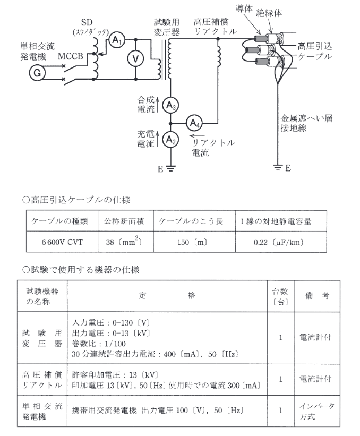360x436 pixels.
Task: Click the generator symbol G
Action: click(x=37, y=73)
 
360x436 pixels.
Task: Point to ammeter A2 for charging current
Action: click(x=169, y=140)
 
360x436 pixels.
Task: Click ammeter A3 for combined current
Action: click(x=169, y=105)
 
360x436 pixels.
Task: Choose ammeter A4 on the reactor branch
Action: click(x=193, y=123)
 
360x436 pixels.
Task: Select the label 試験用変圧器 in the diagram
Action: click(x=167, y=27)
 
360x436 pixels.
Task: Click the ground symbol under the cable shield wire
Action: click(x=278, y=169)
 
